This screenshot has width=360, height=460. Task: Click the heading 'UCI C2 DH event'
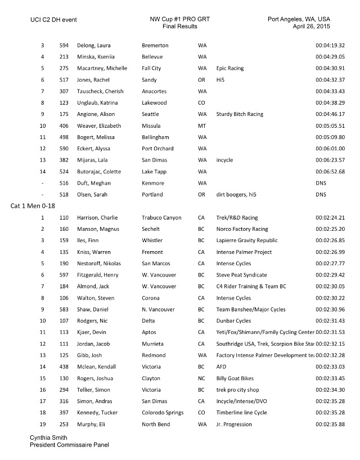pos(53,20)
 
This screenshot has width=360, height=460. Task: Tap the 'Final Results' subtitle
pos(179,26)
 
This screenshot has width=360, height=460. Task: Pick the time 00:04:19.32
pos(330,45)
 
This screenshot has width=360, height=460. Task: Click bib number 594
pos(64,45)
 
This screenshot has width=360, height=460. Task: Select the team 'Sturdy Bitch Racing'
pos(240,114)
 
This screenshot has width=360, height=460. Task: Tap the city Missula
pos(153,126)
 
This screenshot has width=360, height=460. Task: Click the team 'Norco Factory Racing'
pos(242,229)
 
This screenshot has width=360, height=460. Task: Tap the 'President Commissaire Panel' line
pos(69,445)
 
